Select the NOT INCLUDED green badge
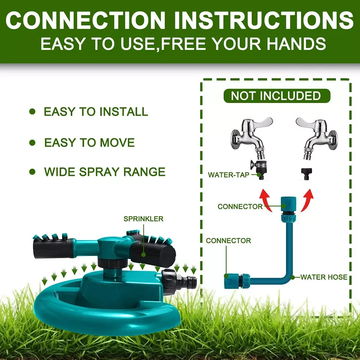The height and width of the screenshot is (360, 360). [276, 96]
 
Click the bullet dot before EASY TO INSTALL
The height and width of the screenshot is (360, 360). [32, 112]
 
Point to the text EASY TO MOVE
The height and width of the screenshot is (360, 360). [89, 143]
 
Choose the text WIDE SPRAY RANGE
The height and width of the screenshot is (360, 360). [105, 172]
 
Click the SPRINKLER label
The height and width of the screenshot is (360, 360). [143, 219]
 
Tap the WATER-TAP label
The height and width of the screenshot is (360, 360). [229, 175]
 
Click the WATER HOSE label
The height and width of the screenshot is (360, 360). [324, 277]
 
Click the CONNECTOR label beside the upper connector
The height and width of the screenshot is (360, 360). [240, 207]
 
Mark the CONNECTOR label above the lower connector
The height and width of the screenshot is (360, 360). [228, 240]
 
